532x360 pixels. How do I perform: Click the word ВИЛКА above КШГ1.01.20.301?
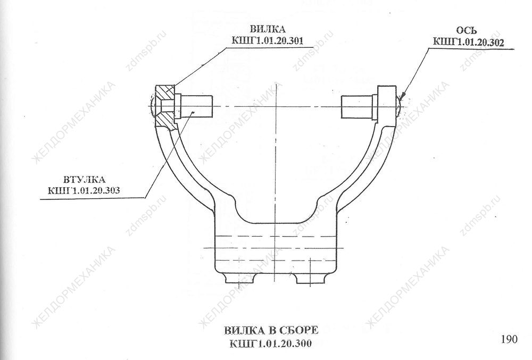(268, 29)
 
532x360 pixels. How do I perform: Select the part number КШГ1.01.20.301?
(268, 40)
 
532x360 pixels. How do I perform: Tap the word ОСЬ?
(466, 30)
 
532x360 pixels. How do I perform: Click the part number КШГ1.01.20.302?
(468, 42)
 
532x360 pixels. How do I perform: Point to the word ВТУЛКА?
(85, 179)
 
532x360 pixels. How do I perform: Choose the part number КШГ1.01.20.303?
(84, 190)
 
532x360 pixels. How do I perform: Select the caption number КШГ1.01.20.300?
(271, 343)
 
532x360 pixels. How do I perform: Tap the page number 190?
(509, 339)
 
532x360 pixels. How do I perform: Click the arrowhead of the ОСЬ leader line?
(402, 96)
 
